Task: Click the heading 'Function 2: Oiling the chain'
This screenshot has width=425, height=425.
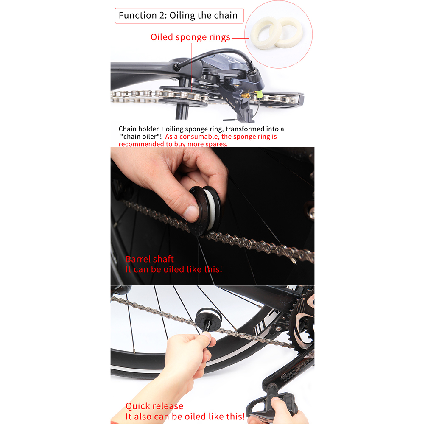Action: [178, 15]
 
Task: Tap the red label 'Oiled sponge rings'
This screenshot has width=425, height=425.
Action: [190, 37]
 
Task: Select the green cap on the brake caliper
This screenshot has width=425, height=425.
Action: [260, 94]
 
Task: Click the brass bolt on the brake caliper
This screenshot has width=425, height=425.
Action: [246, 95]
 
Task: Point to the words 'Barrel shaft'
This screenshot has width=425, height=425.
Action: [149, 259]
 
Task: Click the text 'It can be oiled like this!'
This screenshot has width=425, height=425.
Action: [174, 269]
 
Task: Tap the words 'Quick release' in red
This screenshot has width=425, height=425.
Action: [154, 406]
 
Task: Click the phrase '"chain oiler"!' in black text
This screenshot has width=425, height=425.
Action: [141, 136]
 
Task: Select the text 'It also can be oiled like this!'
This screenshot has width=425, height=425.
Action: [185, 417]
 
